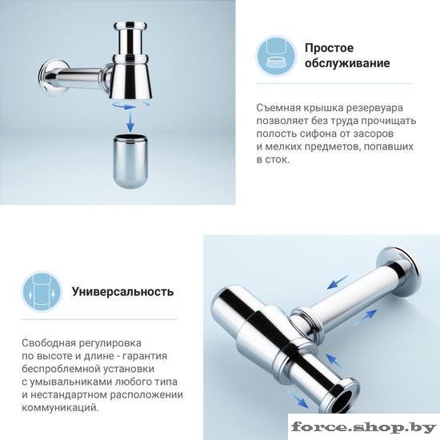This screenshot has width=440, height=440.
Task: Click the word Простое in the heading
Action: pyautogui.click(x=329, y=48)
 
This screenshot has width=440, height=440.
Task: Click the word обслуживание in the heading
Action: pyautogui.click(x=347, y=63)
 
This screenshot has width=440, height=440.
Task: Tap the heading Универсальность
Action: pyautogui.click(x=123, y=292)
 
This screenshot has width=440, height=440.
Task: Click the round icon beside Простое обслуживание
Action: pyautogui.click(x=276, y=56)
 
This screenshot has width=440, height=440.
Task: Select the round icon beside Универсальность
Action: pyautogui.click(x=42, y=292)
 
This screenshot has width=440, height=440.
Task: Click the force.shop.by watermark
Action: pyautogui.click(x=364, y=427)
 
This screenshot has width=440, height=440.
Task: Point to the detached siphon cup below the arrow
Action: pyautogui.click(x=130, y=162)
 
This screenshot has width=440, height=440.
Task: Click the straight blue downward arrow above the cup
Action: pyautogui.click(x=130, y=122)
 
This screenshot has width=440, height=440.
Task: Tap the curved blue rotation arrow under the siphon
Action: pyautogui.click(x=130, y=106)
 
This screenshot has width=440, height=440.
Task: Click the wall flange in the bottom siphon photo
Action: pyautogui.click(x=398, y=273)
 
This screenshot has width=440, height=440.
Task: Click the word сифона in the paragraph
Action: pyautogui.click(x=318, y=134)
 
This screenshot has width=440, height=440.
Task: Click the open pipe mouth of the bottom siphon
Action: pyautogui.click(x=343, y=402)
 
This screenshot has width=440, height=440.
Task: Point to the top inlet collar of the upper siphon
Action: pyautogui.click(x=130, y=26)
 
